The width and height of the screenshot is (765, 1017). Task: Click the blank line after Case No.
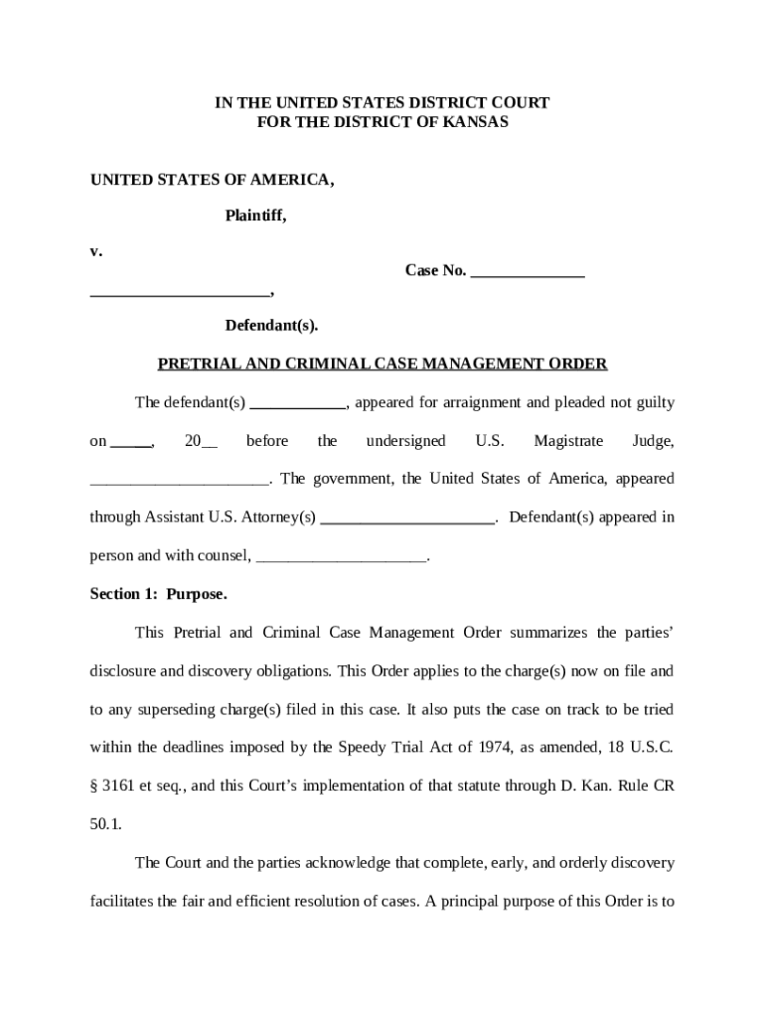pyautogui.click(x=527, y=272)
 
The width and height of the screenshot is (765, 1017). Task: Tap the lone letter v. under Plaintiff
pyautogui.click(x=96, y=251)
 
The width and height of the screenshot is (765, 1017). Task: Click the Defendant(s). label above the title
pyautogui.click(x=271, y=325)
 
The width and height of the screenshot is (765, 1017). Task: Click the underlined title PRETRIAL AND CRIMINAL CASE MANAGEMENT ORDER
pyautogui.click(x=382, y=363)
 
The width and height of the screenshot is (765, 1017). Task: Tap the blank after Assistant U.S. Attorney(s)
pyautogui.click(x=408, y=517)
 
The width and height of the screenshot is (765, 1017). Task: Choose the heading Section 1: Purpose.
pyautogui.click(x=159, y=594)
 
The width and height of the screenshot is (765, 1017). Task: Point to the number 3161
pyautogui.click(x=118, y=786)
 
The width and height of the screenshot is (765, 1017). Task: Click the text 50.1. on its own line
pyautogui.click(x=106, y=824)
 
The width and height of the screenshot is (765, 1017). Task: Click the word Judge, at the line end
pyautogui.click(x=653, y=440)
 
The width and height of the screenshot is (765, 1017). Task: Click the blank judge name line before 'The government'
pyautogui.click(x=179, y=480)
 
